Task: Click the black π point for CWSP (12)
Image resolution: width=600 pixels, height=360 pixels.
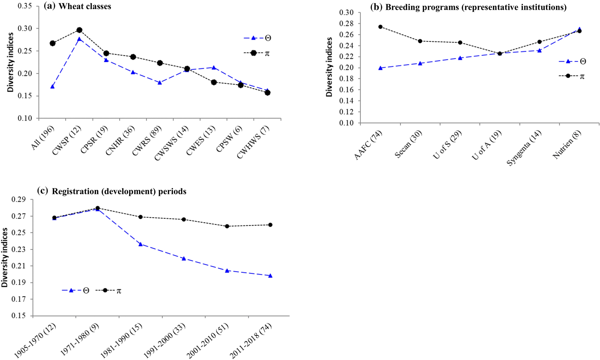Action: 79,30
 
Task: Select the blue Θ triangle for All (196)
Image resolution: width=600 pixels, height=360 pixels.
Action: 52,87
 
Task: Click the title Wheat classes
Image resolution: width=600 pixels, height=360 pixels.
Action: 85,7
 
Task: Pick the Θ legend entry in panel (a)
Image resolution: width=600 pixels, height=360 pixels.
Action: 257,38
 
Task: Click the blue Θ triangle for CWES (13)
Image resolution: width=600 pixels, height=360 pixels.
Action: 214,68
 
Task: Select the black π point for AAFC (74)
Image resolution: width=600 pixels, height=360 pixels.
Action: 380,27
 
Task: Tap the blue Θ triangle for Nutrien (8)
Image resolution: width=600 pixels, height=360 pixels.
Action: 579,29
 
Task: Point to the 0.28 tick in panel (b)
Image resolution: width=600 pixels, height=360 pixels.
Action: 346,24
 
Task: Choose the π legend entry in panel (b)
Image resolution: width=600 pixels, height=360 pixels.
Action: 571,76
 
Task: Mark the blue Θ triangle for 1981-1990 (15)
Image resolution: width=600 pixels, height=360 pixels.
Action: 141,244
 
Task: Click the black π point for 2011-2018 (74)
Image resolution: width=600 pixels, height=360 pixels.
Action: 270,225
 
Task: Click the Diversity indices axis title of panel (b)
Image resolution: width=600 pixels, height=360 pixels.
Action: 329,67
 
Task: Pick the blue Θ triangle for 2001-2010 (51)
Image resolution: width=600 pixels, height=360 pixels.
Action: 227,271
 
